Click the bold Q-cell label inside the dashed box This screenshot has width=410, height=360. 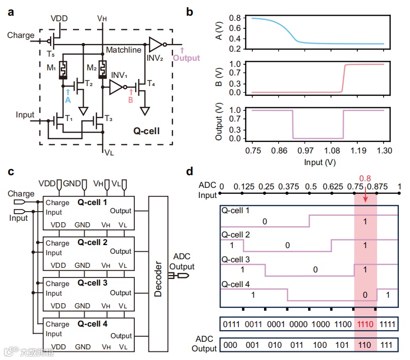point(146,131)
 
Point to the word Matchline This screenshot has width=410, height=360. point(123,50)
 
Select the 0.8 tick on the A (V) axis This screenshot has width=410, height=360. point(234,18)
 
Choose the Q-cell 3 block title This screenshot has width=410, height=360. point(93,283)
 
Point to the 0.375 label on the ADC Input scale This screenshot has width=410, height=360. point(287,186)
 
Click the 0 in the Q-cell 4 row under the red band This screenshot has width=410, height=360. point(365,294)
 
